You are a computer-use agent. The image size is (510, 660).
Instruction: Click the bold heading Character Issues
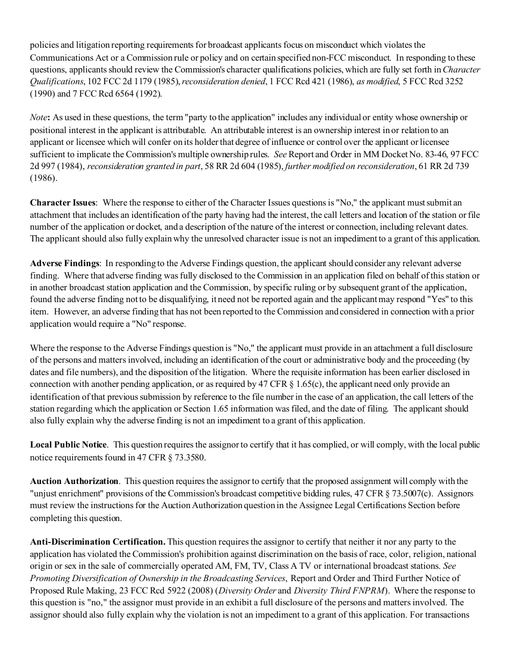tap(63, 203)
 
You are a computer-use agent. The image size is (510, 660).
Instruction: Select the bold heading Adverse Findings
tap(64, 263)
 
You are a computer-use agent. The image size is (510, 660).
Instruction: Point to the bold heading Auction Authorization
tap(74, 481)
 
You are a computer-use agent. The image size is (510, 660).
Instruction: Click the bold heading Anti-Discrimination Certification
tap(97, 542)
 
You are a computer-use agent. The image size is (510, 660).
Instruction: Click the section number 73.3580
tap(188, 458)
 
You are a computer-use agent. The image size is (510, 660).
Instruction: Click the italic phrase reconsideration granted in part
tap(143, 166)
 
